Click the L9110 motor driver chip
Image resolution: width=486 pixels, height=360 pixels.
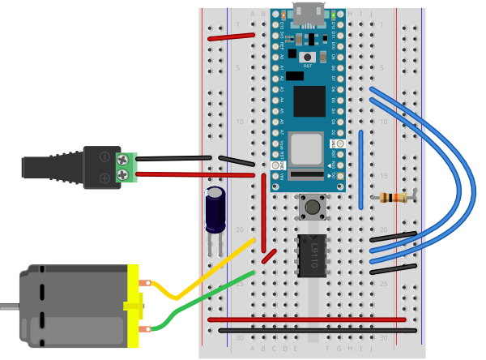click(312, 255)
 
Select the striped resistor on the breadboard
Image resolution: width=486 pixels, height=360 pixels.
click(394, 197)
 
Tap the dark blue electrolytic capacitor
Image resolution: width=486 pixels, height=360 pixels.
click(215, 209)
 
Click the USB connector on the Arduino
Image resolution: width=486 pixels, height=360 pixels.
click(309, 13)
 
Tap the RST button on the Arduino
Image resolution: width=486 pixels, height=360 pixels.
click(308, 57)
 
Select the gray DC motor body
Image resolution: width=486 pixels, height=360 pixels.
click(73, 306)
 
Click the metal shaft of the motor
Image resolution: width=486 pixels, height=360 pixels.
click(8, 306)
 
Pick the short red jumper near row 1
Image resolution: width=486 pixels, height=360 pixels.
click(231, 36)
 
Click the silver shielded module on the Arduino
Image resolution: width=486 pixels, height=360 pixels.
click(306, 148)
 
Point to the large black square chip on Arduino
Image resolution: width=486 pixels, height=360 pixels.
click(309, 101)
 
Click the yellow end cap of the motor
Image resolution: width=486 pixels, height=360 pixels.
click(133, 306)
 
